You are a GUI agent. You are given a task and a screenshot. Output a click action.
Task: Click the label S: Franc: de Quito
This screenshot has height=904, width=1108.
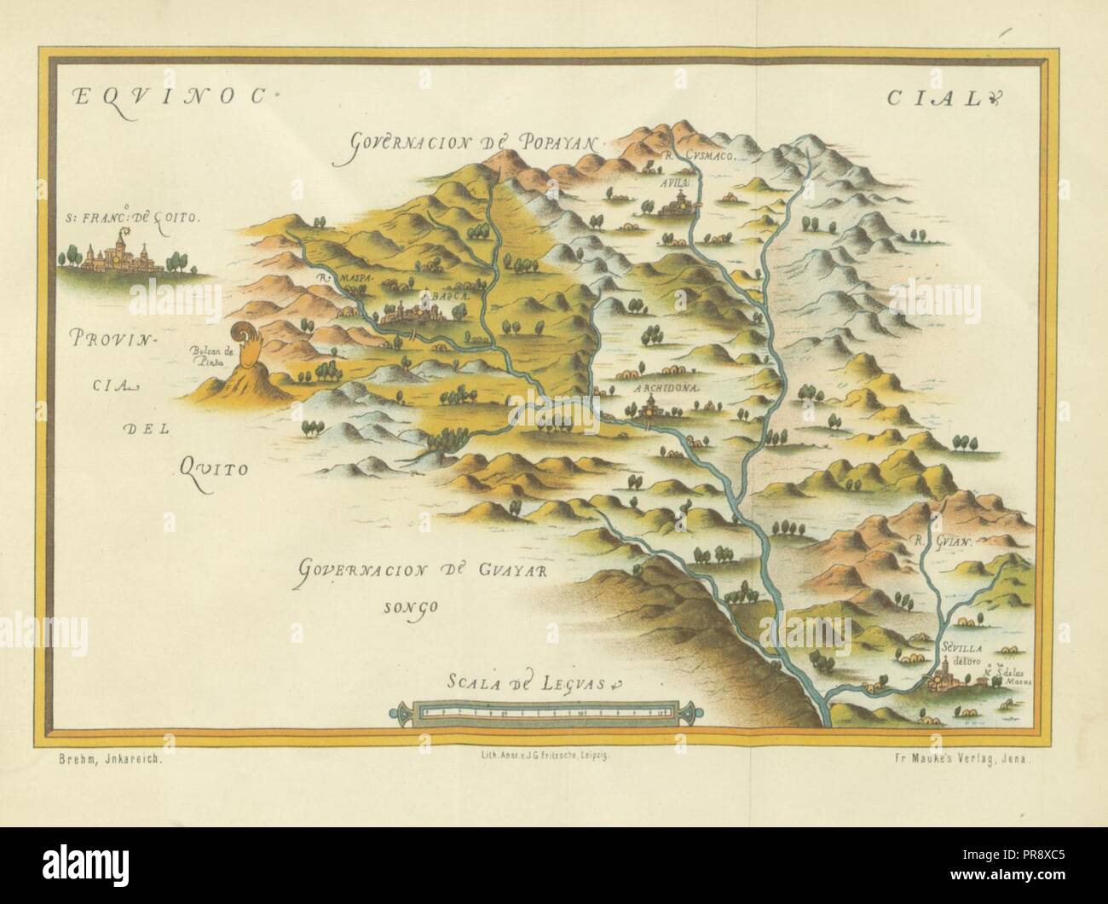(x=133, y=217)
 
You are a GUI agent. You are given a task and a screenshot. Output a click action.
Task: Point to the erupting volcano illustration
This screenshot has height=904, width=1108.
(x=245, y=367)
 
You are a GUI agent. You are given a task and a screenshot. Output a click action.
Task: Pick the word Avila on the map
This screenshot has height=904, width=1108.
(x=669, y=182)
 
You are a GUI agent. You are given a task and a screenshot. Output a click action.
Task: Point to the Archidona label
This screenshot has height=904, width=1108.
(x=667, y=386)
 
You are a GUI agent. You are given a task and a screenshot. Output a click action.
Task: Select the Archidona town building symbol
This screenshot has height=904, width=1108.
(x=649, y=408)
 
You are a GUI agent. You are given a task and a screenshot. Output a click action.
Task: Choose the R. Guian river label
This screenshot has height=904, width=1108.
(x=941, y=540)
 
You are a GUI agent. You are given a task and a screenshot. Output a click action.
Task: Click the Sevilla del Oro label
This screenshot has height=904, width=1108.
(x=962, y=652)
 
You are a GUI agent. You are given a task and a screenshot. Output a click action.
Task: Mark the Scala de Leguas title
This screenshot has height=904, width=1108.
(x=537, y=682)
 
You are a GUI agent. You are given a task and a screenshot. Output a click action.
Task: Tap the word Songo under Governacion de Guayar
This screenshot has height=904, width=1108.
(x=409, y=607)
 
